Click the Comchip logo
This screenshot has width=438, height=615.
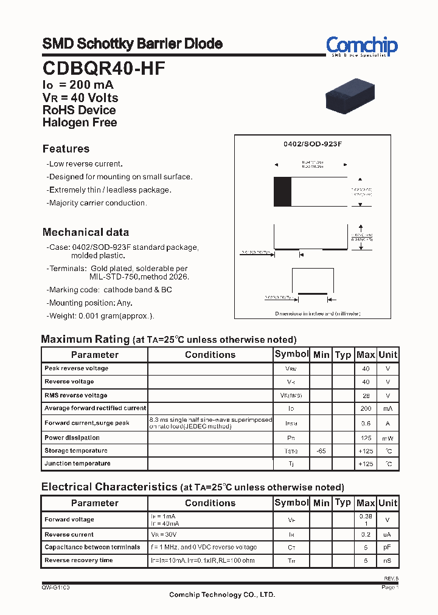click(361, 46)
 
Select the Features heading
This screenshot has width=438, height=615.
click(66, 149)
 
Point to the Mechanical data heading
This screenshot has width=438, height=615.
click(86, 232)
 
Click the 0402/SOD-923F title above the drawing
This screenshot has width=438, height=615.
click(313, 144)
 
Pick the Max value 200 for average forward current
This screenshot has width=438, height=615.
click(365, 408)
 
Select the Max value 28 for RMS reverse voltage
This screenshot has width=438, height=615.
click(366, 396)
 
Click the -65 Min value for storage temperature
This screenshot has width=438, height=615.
click(321, 451)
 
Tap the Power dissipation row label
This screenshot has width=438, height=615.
click(72, 438)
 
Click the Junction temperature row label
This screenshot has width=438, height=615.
click(77, 464)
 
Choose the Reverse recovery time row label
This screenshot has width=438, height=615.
click(78, 560)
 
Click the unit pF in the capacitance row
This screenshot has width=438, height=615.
click(388, 548)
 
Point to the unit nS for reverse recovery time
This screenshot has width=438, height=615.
click(388, 560)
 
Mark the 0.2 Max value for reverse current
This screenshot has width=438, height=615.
click(366, 535)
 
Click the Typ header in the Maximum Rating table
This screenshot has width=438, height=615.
click(343, 354)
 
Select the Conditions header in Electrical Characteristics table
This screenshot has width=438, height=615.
click(210, 503)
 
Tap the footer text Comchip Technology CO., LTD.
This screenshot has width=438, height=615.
click(222, 595)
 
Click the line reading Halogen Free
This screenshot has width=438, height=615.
click(80, 122)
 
